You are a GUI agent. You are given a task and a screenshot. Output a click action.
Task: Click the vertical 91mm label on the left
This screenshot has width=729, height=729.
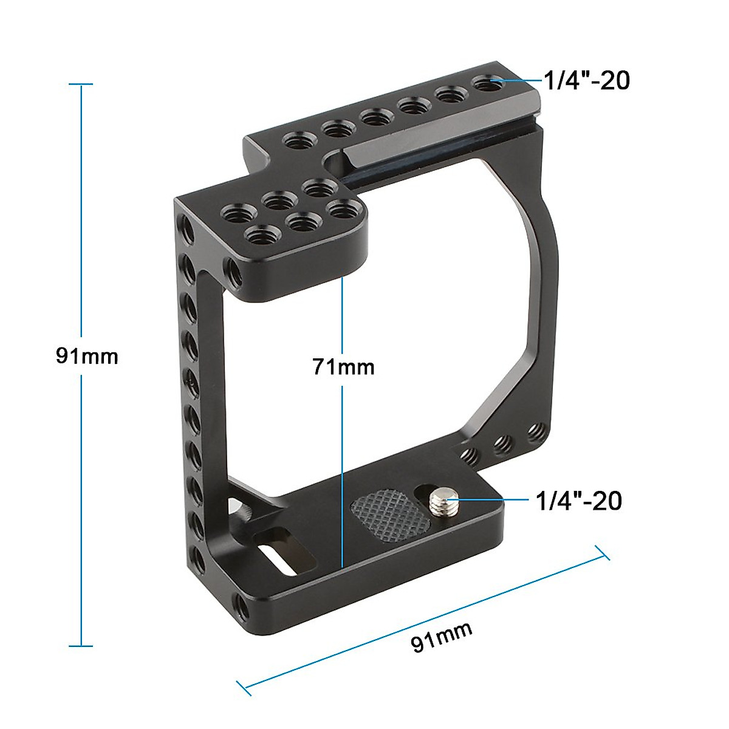coord(87,355)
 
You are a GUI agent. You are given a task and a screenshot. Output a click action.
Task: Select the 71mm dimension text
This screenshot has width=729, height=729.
coord(343,367)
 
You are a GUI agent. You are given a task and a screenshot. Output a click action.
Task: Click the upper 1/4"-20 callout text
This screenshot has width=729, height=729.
coord(586,80)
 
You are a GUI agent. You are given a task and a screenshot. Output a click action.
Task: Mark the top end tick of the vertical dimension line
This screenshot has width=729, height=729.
coord(81,84)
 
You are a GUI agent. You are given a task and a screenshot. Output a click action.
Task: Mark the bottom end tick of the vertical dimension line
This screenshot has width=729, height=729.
coord(81,646)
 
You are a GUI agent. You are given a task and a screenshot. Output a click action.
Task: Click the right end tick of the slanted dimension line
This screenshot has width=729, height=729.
coord(601,553)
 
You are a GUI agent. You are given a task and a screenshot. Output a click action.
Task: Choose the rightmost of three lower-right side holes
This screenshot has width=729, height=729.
coord(535,432)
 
